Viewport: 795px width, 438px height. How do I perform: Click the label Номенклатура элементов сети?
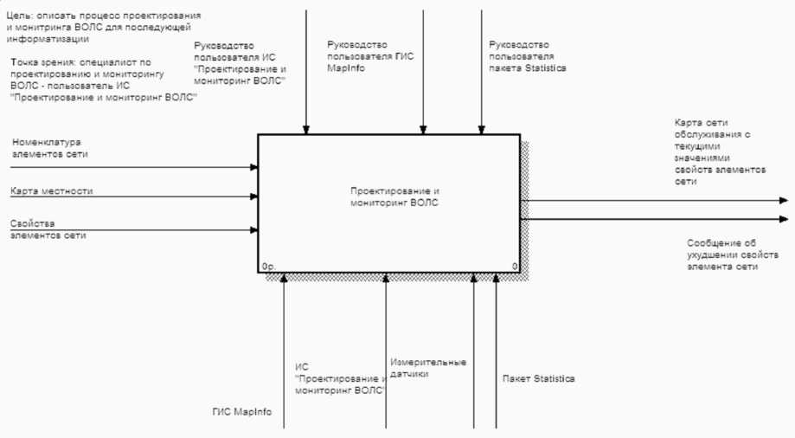(49, 147)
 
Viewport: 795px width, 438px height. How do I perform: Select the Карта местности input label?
(52, 190)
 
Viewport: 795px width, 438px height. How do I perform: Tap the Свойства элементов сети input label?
(48, 229)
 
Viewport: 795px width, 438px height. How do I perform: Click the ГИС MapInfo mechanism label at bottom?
(241, 412)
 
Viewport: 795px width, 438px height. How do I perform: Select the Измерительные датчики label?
(427, 368)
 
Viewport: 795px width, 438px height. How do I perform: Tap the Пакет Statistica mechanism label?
(538, 379)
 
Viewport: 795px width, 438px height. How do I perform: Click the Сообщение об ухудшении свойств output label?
(722, 254)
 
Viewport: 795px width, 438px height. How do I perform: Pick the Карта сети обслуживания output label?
(719, 152)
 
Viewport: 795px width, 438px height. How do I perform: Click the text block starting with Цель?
(103, 27)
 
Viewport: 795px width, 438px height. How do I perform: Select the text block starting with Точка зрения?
(103, 81)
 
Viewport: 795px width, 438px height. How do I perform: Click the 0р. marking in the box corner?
(267, 267)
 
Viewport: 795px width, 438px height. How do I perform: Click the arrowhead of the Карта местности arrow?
(254, 196)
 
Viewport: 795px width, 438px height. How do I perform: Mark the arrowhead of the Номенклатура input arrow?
(254, 167)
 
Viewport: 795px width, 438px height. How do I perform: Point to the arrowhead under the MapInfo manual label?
(423, 131)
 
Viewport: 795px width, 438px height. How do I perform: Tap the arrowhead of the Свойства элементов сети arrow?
(254, 230)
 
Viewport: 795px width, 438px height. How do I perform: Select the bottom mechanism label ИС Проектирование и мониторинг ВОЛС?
(339, 378)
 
